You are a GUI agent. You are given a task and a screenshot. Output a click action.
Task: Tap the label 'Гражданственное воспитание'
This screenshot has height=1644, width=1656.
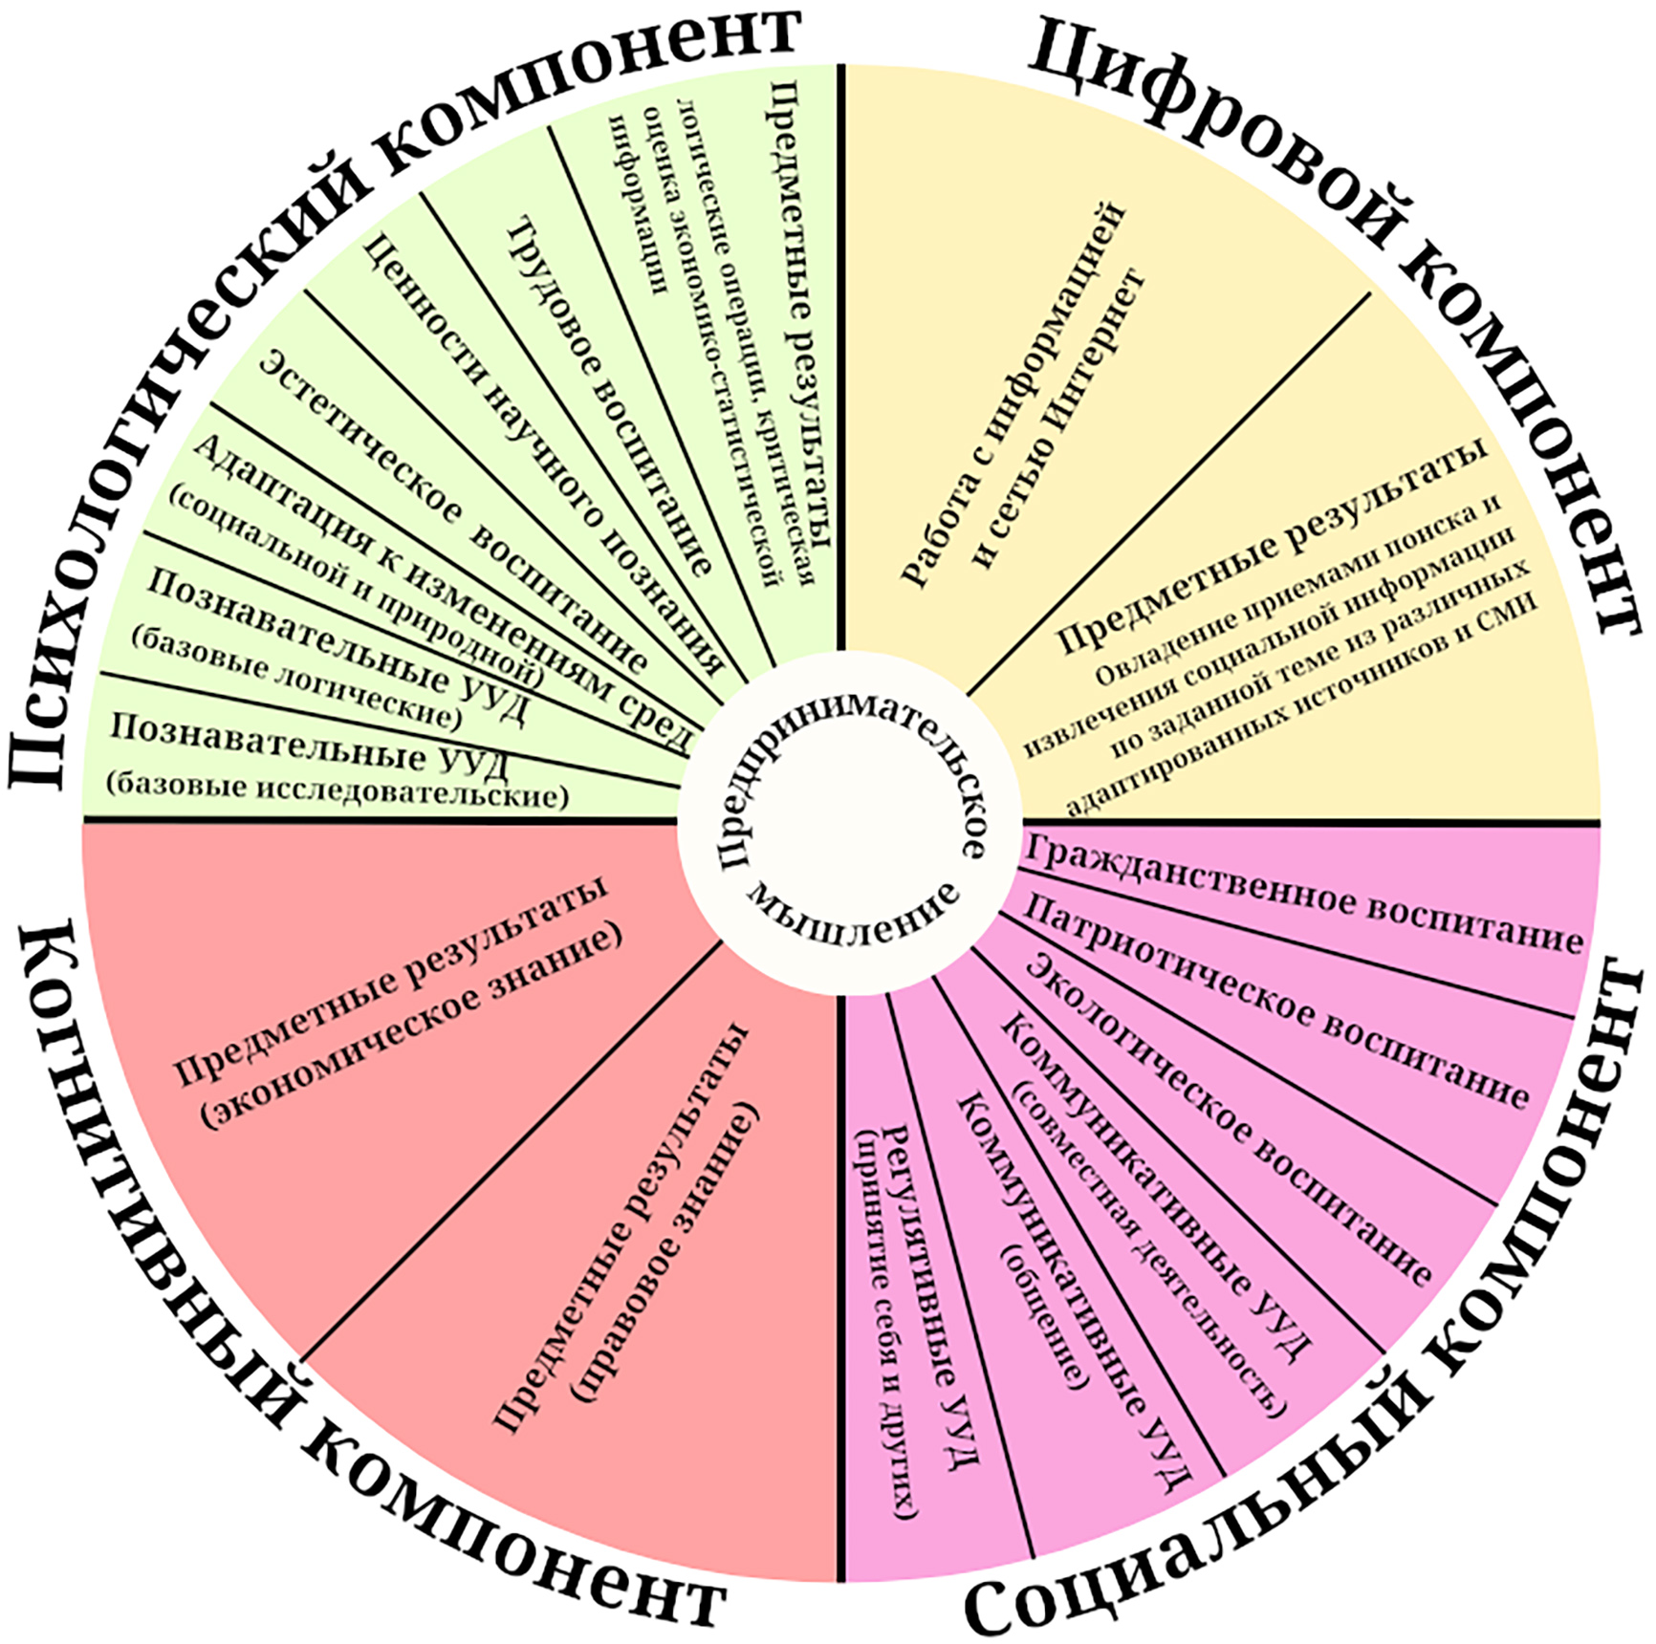pos(1300,895)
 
